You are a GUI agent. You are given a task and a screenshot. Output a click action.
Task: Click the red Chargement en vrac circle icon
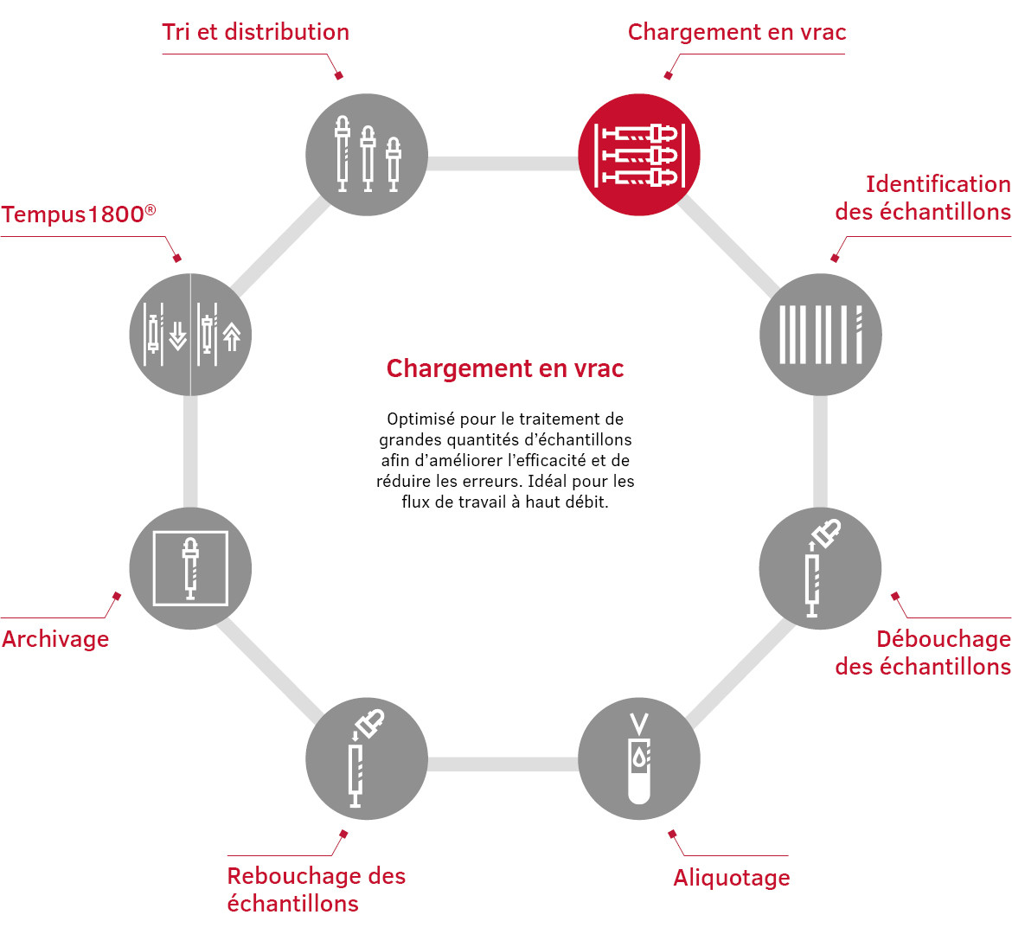tap(639, 155)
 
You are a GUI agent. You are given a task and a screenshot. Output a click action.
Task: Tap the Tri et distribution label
tap(255, 32)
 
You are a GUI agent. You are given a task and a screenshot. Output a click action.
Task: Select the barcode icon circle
tap(820, 335)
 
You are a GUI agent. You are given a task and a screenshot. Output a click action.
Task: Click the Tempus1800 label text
tap(79, 214)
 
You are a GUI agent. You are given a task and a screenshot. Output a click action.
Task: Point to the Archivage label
tap(55, 639)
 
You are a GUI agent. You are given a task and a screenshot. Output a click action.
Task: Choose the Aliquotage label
tap(731, 878)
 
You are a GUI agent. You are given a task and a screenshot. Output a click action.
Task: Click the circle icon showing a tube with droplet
tap(639, 758)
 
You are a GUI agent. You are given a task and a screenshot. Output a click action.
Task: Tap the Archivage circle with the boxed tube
tap(190, 568)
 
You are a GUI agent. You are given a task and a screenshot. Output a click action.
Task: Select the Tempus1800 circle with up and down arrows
tap(190, 335)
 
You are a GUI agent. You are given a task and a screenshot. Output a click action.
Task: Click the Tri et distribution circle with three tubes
tap(367, 155)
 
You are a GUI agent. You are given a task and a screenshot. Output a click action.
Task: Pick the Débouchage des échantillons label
tap(923, 652)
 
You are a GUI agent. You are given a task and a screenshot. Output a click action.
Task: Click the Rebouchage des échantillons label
tap(317, 890)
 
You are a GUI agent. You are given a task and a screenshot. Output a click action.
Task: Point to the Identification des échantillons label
tap(923, 197)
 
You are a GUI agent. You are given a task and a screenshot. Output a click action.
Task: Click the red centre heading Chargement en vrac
tap(505, 368)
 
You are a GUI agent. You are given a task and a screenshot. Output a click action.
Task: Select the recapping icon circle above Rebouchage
tap(367, 758)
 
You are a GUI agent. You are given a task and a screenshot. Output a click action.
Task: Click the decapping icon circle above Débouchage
tap(820, 568)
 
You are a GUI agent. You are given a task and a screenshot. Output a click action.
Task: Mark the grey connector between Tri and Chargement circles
tap(503, 163)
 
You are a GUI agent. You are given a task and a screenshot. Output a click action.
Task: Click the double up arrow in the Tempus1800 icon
tap(232, 337)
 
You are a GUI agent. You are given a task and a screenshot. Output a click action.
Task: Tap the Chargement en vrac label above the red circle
tap(737, 32)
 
